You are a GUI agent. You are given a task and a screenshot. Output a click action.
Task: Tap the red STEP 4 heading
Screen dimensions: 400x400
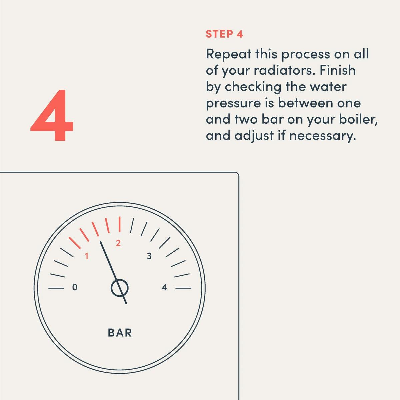click(x=224, y=34)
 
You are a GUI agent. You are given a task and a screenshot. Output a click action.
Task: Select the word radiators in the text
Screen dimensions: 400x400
click(x=283, y=70)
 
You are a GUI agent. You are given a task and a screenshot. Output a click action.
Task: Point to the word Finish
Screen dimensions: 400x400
click(x=338, y=70)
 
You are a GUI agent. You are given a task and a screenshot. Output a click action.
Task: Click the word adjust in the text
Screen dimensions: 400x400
click(x=254, y=136)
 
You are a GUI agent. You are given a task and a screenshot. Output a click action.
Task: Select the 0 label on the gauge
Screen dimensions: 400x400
click(x=75, y=287)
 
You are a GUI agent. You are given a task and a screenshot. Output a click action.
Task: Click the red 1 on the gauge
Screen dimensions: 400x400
click(x=87, y=256)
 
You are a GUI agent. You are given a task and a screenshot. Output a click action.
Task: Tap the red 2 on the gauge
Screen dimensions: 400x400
click(x=118, y=243)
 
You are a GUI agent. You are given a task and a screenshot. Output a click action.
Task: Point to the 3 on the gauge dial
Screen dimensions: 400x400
click(x=149, y=256)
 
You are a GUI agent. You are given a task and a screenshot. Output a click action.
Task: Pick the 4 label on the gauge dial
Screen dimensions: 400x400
click(x=164, y=287)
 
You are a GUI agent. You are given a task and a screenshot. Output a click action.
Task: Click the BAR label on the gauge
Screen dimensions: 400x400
click(x=120, y=333)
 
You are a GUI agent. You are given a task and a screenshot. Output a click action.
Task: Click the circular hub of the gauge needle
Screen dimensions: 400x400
click(x=120, y=288)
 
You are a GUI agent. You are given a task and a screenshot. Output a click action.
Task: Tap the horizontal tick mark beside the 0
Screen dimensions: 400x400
click(x=56, y=288)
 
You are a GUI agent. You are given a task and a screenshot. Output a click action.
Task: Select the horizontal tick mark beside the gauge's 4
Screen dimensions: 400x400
click(x=183, y=288)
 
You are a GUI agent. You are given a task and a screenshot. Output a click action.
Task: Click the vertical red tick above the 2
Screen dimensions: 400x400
click(x=120, y=224)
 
